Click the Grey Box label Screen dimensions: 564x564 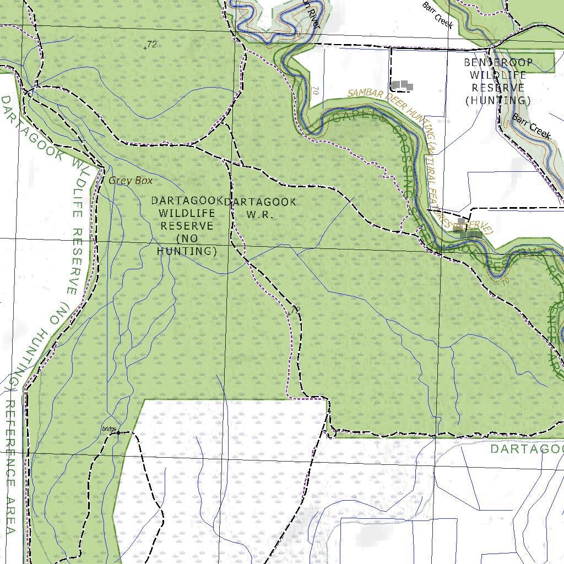(x=131, y=180)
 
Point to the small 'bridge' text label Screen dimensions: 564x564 (x=110, y=429)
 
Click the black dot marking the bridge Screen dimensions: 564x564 (x=118, y=433)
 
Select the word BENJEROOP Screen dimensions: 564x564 (x=498, y=63)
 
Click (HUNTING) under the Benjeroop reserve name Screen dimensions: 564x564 (x=498, y=100)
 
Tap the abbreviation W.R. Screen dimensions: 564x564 (x=259, y=215)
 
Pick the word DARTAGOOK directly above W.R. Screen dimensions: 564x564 (x=262, y=202)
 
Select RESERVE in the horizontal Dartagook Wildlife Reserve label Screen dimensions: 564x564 (x=187, y=226)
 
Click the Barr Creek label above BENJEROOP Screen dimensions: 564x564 (x=437, y=15)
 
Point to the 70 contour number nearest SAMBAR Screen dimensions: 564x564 (x=314, y=90)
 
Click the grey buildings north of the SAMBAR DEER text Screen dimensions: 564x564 (x=402, y=85)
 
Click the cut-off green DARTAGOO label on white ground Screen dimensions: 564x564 (x=527, y=449)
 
